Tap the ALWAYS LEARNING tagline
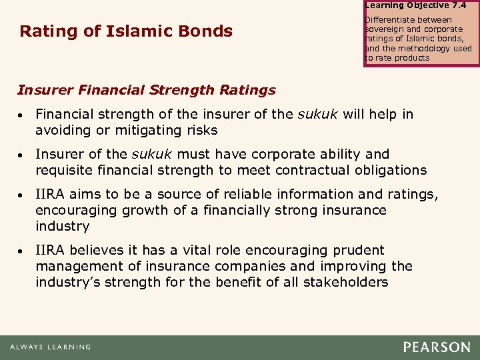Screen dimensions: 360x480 [50, 347]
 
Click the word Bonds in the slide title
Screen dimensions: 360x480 [209, 31]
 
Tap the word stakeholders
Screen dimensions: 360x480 [345, 282]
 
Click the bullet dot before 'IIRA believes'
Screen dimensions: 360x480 [23, 251]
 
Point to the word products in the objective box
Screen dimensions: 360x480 [412, 57]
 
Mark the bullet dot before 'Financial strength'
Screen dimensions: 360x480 [23, 115]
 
